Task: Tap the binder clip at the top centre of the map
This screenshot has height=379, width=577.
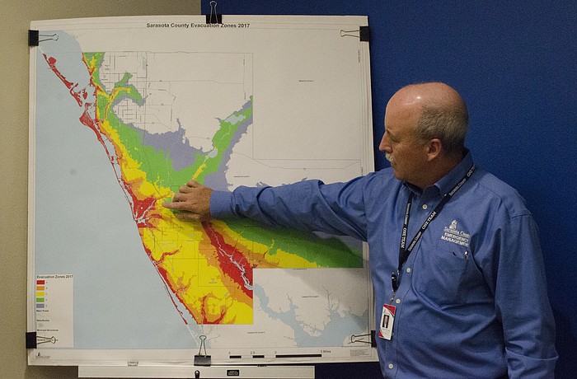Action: click(x=213, y=12)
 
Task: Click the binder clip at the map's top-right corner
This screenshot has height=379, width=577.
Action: click(x=362, y=34)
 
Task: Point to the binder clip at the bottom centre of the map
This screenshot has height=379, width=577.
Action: click(x=202, y=353)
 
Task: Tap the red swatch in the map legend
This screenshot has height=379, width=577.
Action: click(x=40, y=283)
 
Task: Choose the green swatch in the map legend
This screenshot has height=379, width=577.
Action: click(x=40, y=299)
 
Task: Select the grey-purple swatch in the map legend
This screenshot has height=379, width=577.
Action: click(x=40, y=305)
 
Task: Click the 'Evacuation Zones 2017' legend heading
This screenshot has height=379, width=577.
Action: click(x=52, y=277)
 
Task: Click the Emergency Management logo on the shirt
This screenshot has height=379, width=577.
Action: click(x=454, y=234)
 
